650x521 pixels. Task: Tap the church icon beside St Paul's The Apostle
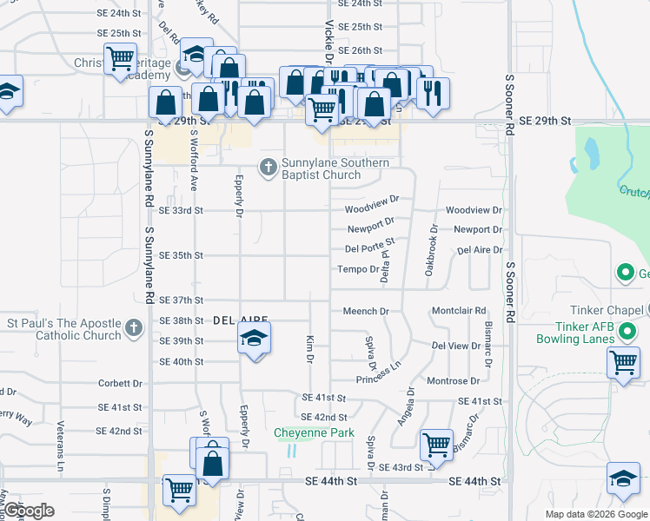pyautogui.click(x=133, y=328)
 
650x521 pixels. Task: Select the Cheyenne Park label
pyautogui.click(x=314, y=432)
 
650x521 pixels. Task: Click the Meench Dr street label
pyautogui.click(x=365, y=311)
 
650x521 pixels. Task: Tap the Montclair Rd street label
pyautogui.click(x=458, y=311)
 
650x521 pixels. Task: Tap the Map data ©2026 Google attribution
pyautogui.click(x=596, y=515)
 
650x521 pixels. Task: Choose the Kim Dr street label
pyautogui.click(x=309, y=344)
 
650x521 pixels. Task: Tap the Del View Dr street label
pyautogui.click(x=456, y=346)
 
